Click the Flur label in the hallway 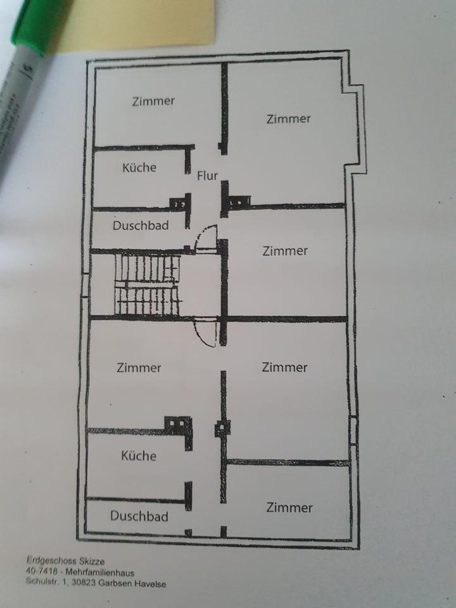206,175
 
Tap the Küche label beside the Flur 139,168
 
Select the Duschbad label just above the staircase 141,225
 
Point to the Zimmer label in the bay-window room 288,118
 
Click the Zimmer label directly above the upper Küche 153,101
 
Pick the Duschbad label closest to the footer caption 139,516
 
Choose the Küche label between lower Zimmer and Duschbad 139,456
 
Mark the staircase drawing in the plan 147,284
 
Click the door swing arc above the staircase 206,241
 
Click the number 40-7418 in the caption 39,573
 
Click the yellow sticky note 139,22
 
